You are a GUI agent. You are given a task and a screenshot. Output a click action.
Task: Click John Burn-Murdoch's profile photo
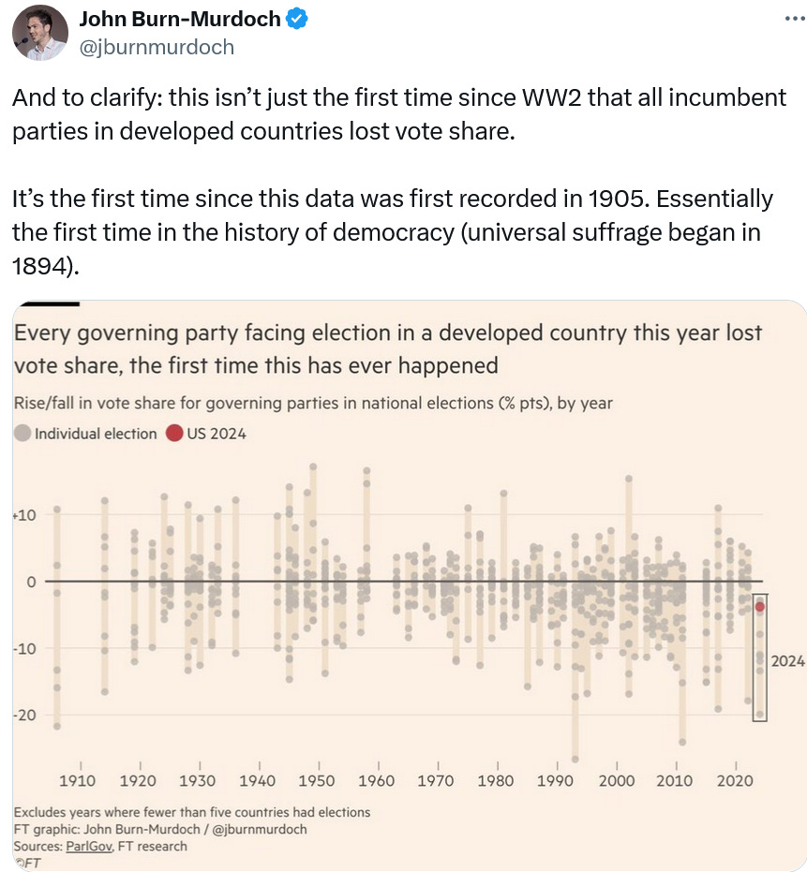tap(39, 32)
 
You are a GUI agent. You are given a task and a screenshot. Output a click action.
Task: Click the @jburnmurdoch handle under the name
tap(158, 46)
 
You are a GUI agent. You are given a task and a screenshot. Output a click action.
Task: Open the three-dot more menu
tap(793, 18)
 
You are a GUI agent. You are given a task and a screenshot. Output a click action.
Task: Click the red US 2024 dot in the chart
tap(760, 607)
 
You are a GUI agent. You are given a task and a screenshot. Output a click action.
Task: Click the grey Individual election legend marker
tap(22, 434)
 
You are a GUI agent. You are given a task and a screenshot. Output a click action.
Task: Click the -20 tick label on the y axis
tap(22, 715)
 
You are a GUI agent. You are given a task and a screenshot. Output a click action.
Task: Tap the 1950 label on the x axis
tap(317, 780)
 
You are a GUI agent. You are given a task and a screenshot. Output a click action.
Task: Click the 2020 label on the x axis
tap(737, 780)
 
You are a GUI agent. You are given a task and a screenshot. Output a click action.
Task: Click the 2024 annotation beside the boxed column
tap(787, 661)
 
